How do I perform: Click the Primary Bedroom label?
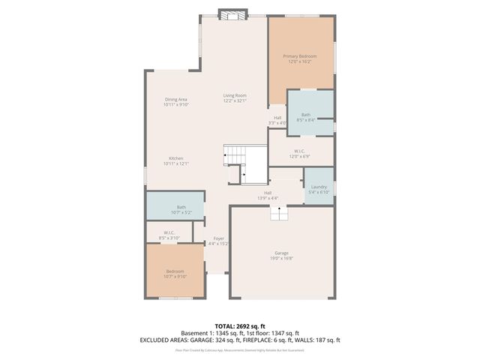pyautogui.click(x=299, y=56)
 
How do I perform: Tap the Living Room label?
pyautogui.click(x=235, y=95)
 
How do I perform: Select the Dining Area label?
pyautogui.click(x=176, y=99)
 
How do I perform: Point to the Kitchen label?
pyautogui.click(x=176, y=158)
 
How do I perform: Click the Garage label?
pyautogui.click(x=281, y=253)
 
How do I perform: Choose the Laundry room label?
pyautogui.click(x=319, y=187)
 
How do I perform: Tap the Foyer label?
pyautogui.click(x=218, y=238)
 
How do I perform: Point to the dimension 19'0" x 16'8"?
pyautogui.click(x=281, y=258)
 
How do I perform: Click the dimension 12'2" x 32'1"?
pyautogui.click(x=235, y=100)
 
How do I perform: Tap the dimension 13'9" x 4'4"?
pyautogui.click(x=268, y=198)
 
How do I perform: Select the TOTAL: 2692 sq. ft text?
pyautogui.click(x=240, y=326)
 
